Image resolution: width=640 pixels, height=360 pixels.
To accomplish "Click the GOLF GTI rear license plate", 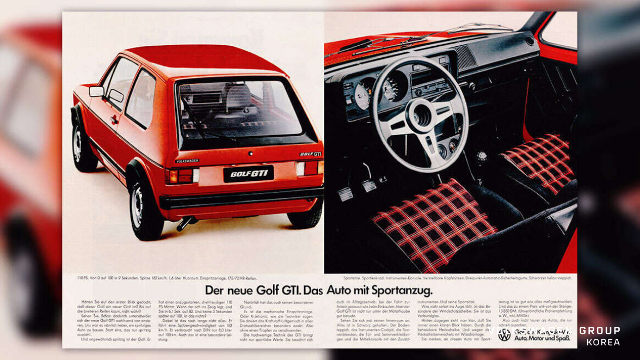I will [x=248, y=174].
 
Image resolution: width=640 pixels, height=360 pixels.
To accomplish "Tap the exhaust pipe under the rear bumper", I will [x=184, y=223].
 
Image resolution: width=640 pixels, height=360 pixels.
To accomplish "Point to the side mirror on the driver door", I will [x=96, y=91].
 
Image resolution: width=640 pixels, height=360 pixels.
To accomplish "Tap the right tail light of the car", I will [x=309, y=168].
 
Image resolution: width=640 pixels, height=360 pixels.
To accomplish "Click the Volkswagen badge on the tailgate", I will [x=187, y=161].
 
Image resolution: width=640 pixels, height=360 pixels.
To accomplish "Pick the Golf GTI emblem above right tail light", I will [x=311, y=154].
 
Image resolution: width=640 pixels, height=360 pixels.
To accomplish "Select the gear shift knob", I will [x=482, y=157].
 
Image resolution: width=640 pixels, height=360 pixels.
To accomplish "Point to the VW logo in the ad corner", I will [x=504, y=334].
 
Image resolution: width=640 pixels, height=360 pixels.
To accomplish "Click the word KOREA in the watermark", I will [x=603, y=342].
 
